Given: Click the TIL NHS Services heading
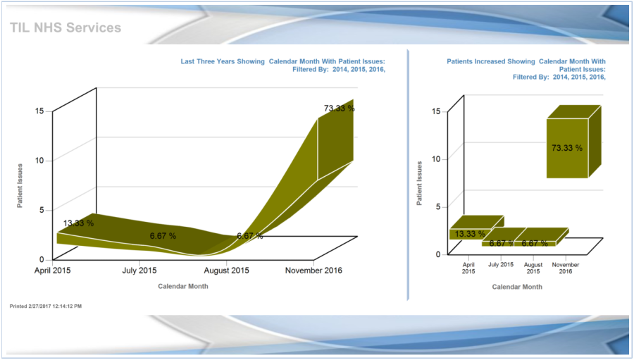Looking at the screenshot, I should tap(66, 27).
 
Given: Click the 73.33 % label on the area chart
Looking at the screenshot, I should tap(339, 108).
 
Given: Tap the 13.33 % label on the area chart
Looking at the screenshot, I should tap(78, 223).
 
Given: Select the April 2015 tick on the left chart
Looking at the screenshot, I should tap(52, 270).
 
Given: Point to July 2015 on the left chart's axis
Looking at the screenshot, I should tap(139, 270).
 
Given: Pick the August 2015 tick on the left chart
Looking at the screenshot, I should tap(227, 270).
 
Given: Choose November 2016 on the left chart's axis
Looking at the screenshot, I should tap(313, 270).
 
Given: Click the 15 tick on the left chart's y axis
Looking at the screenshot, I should tap(39, 111).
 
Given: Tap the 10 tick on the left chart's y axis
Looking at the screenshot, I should tap(39, 160).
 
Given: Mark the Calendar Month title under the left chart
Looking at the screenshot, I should tap(182, 286).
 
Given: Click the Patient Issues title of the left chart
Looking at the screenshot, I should tap(21, 186).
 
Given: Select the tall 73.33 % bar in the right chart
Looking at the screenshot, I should tap(567, 148).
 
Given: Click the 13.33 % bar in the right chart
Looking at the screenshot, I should tap(469, 233).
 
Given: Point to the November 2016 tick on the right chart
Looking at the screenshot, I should tap(566, 268).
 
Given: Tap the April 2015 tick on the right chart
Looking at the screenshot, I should tap(469, 268).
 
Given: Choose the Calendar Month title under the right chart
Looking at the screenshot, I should tap(517, 287).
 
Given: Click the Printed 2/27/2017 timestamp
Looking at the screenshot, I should tap(46, 306).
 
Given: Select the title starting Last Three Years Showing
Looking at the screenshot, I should tap(282, 66).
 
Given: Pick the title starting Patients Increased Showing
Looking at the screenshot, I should tap(526, 69).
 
